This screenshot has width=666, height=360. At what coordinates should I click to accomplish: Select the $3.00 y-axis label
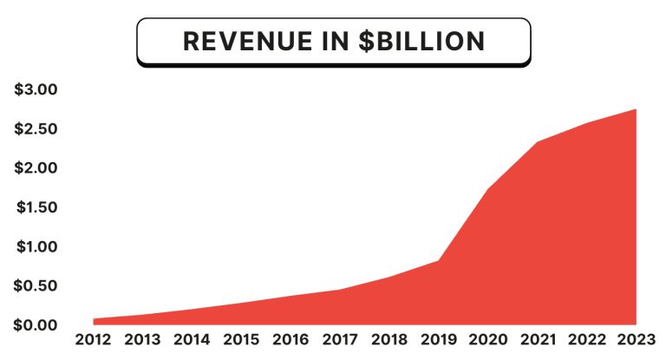coord(36,89)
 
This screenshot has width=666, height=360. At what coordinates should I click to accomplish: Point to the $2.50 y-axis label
coord(36,128)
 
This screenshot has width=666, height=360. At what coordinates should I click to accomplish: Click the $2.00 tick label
coord(36,167)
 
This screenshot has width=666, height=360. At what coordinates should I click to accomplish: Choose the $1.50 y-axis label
coord(36,207)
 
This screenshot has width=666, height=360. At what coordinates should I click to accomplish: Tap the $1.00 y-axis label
coord(36,246)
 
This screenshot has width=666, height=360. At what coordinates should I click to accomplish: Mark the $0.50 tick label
coord(36,285)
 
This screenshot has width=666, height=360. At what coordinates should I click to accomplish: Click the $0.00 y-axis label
coord(36,324)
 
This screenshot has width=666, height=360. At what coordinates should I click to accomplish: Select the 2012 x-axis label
coord(94,339)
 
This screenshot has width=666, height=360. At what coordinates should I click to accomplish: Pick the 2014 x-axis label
coord(193,339)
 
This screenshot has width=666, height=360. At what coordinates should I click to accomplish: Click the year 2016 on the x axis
coord(291,339)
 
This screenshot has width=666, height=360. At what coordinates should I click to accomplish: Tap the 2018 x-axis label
coord(389,339)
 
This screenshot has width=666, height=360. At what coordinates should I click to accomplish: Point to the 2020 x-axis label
coord(488,339)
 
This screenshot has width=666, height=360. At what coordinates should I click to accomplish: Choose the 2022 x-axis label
coord(587,339)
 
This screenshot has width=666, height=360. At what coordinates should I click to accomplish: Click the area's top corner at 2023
coord(637,109)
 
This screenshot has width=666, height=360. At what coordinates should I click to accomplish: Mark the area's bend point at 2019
coord(439,260)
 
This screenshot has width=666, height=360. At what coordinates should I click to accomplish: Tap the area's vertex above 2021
coord(538,141)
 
